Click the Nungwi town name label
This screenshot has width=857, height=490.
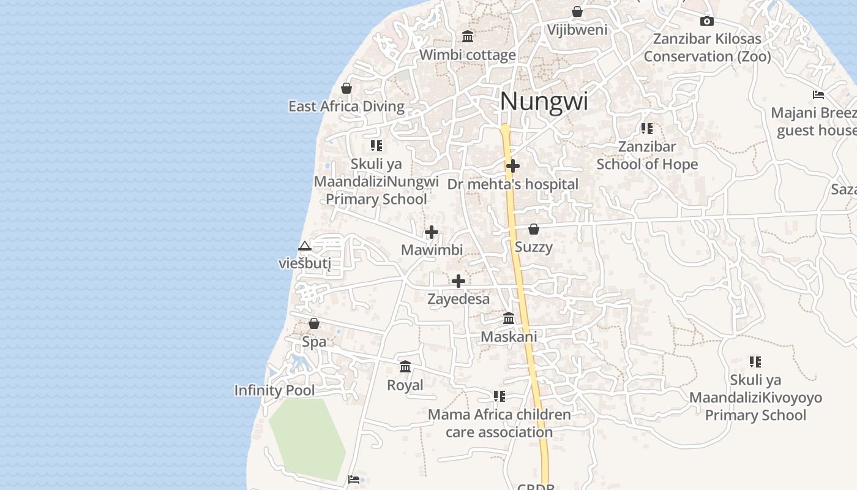pyautogui.click(x=544, y=102)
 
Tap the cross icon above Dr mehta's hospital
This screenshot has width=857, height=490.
pyautogui.click(x=513, y=166)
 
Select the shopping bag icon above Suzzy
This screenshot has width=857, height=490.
pyautogui.click(x=534, y=229)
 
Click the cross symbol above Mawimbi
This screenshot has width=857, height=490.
pyautogui.click(x=432, y=232)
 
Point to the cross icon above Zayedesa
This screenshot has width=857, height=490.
pyautogui.click(x=458, y=281)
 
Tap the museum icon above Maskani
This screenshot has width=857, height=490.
pyautogui.click(x=509, y=318)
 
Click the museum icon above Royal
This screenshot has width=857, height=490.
pyautogui.click(x=405, y=367)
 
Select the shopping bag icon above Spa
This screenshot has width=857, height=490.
pyautogui.click(x=314, y=323)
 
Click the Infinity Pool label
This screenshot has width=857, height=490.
pyautogui.click(x=274, y=391)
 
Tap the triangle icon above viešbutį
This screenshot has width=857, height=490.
pyautogui.click(x=305, y=246)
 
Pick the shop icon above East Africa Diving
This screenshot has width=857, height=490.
pyautogui.click(x=346, y=88)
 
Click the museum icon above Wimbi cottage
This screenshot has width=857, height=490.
pyautogui.click(x=468, y=37)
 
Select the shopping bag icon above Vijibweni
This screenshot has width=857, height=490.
pyautogui.click(x=577, y=12)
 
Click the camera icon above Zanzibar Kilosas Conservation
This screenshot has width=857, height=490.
pyautogui.click(x=707, y=21)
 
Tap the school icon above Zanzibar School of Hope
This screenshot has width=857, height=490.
pyautogui.click(x=647, y=129)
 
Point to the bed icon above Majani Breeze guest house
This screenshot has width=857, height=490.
pyautogui.click(x=818, y=95)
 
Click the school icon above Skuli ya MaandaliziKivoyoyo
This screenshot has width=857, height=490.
pyautogui.click(x=755, y=362)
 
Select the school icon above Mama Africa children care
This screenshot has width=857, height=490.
pyautogui.click(x=500, y=396)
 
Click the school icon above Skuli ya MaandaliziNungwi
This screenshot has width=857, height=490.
pyautogui.click(x=376, y=146)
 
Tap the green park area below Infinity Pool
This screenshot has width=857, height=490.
pyautogui.click(x=307, y=438)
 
